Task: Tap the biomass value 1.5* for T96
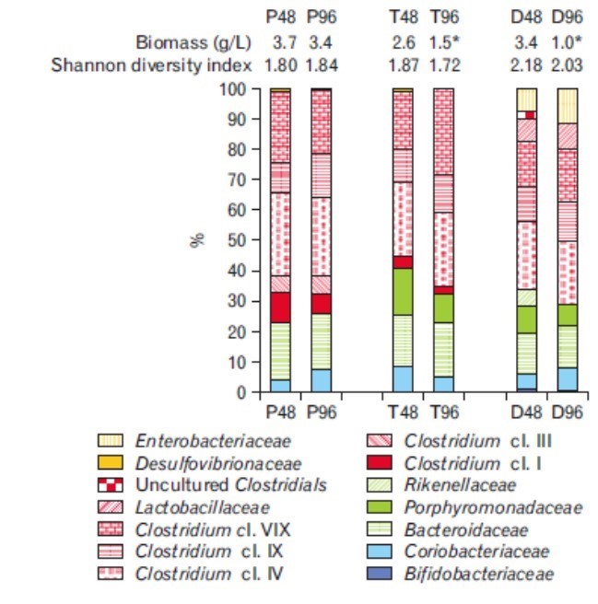(445, 41)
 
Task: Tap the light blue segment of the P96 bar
(321, 380)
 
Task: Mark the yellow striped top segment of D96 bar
(568, 106)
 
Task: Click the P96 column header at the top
(322, 17)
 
